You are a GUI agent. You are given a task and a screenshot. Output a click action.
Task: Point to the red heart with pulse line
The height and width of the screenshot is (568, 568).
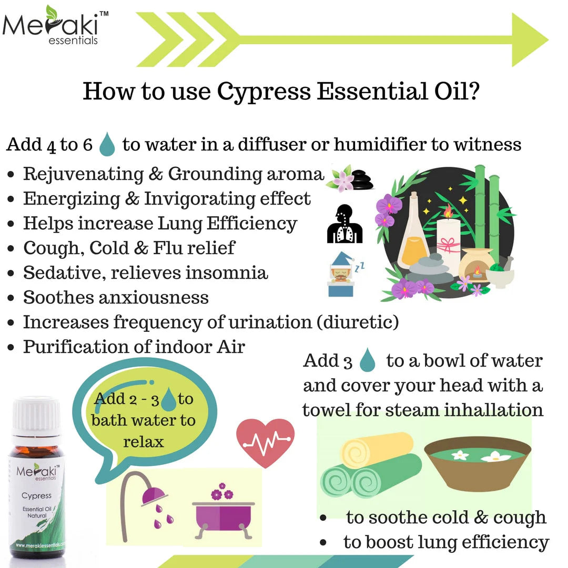point(265,441)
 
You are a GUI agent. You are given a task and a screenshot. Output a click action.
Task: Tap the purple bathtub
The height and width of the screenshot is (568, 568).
point(223,513)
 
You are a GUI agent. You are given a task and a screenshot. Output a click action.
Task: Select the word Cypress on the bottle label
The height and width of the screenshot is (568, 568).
point(36,495)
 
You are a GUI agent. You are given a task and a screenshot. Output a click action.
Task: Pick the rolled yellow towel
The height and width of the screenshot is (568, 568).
point(377,450)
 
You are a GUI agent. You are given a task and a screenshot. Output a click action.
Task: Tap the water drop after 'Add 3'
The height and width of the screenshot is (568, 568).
point(368,361)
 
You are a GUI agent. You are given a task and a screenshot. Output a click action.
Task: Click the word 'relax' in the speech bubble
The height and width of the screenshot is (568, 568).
point(144,441)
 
